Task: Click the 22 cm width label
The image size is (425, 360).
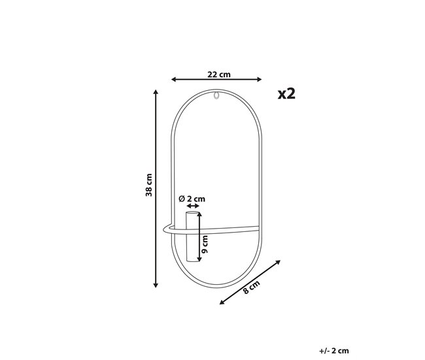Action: pyautogui.click(x=219, y=74)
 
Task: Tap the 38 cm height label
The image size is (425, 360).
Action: pyautogui.click(x=149, y=185)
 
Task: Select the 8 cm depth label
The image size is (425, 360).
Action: pyautogui.click(x=251, y=287)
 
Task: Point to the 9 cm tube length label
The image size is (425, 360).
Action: pyautogui.click(x=205, y=244)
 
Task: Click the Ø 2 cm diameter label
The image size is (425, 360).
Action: pyautogui.click(x=192, y=199)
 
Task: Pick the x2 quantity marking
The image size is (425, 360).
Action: pyautogui.click(x=286, y=93)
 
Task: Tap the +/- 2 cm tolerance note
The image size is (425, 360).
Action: pyautogui.click(x=334, y=351)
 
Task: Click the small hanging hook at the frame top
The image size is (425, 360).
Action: pyautogui.click(x=216, y=95)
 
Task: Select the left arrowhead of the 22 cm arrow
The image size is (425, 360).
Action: pyautogui.click(x=174, y=79)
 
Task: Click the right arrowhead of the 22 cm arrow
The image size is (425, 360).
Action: pyautogui.click(x=260, y=79)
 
